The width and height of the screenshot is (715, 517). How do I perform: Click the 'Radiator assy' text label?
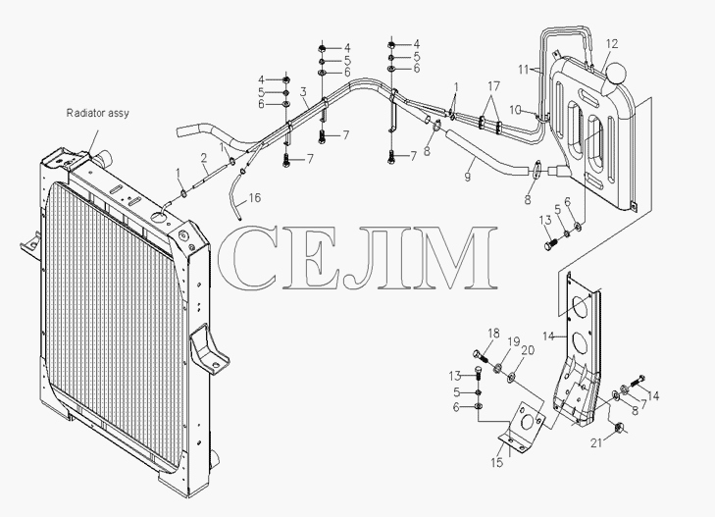tap(97, 113)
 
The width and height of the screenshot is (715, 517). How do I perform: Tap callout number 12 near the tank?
tap(612, 44)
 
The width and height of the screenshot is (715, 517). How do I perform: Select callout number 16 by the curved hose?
tap(255, 198)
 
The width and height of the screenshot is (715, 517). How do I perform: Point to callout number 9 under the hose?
tap(468, 177)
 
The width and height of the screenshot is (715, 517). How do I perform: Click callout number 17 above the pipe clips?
tap(494, 85)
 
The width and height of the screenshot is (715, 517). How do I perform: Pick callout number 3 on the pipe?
tap(303, 91)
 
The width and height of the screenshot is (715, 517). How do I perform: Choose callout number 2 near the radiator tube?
tap(204, 158)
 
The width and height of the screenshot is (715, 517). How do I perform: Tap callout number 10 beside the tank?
tap(515, 110)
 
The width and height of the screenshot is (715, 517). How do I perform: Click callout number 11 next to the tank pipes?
tap(524, 70)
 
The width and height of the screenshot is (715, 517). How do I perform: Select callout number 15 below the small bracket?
tap(497, 462)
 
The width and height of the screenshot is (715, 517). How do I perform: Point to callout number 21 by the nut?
tap(597, 442)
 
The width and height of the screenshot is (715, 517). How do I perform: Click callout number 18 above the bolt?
tap(493, 334)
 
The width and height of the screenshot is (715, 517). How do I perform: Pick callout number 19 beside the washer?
tap(514, 342)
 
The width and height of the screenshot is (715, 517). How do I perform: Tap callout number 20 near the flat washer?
tap(528, 350)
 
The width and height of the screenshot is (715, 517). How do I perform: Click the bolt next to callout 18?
tap(480, 355)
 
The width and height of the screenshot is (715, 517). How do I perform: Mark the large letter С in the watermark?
tap(248, 258)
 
